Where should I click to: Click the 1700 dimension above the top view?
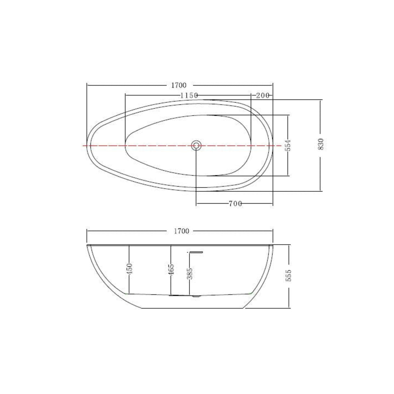coord(179,85)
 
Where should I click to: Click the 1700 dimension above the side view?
coord(181,231)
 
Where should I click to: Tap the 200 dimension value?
coord(263,95)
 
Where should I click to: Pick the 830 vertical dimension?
coord(321,144)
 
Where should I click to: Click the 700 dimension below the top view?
coord(235,204)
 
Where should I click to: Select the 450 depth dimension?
coord(129,269)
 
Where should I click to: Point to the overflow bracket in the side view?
coord(196,252)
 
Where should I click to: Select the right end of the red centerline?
coord(281,146)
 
